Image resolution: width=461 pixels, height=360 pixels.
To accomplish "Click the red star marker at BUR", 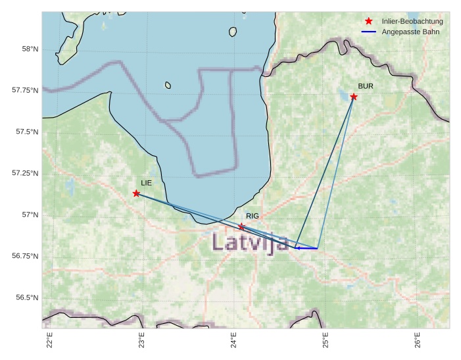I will click(x=354, y=97).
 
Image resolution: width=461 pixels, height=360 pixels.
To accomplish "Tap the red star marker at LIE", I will click(x=136, y=193).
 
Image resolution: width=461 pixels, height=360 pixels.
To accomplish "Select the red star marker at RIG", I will click(x=241, y=226).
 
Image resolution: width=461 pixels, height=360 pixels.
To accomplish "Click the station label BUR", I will click(x=366, y=86).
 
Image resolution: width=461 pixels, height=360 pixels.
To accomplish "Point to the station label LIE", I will click(x=146, y=182).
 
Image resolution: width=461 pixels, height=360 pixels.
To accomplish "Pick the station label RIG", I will click(x=253, y=216).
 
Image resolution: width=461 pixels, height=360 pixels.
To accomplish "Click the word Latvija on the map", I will click(x=250, y=242).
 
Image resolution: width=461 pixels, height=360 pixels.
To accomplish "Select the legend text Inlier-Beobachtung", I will click(x=412, y=22).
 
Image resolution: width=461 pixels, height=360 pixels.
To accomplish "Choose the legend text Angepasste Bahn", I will click(x=409, y=32).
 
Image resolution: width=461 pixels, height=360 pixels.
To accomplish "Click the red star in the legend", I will click(x=368, y=22).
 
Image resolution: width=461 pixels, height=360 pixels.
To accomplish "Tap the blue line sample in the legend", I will click(x=368, y=32).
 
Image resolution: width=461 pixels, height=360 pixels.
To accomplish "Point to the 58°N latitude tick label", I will click(x=30, y=49).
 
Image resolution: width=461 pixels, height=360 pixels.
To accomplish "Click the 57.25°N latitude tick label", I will click(x=26, y=173).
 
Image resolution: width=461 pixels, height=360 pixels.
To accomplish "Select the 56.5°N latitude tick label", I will click(x=28, y=297).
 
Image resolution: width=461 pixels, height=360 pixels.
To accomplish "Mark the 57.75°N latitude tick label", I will click(x=26, y=90).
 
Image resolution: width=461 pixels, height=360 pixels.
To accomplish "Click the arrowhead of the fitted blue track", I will click(x=297, y=248).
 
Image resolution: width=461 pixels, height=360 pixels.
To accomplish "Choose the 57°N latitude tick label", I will click(x=30, y=215).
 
